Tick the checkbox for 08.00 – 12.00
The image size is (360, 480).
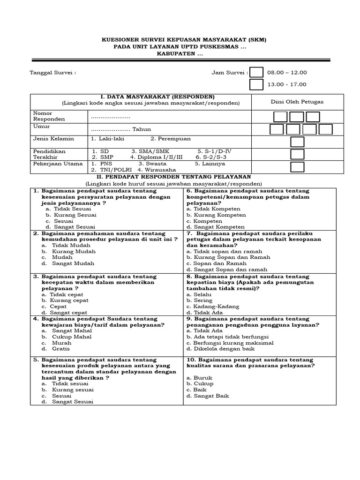[256, 73]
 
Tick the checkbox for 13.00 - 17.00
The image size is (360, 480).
[256, 85]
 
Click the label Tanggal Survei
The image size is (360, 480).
[52, 73]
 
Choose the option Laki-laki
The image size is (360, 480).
[109, 139]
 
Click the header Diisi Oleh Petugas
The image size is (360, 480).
[297, 102]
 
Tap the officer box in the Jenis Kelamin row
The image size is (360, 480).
[297, 142]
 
